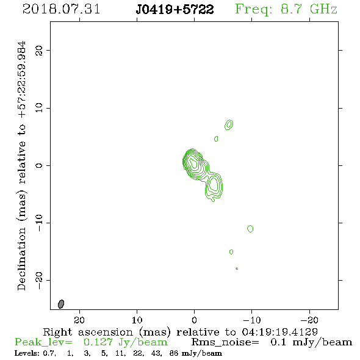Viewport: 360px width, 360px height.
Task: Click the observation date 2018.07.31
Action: tap(61, 9)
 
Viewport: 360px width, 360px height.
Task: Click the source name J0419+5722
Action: tap(175, 9)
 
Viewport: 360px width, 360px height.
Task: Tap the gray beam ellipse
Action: tap(61, 304)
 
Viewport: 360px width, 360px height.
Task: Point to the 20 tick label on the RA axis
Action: tap(79, 320)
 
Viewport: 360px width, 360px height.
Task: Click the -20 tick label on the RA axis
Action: tap(309, 320)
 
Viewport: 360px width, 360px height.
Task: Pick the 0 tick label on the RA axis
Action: tap(194, 320)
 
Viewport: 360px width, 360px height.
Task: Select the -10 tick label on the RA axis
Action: tap(252, 320)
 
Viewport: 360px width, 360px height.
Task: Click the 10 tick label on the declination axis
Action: tap(39, 108)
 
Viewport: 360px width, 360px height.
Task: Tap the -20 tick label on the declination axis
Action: tap(39, 280)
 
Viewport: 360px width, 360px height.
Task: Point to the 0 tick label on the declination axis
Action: tap(39, 165)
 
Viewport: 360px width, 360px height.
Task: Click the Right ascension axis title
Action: tap(181, 332)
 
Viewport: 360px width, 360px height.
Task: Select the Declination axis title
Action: tap(21, 166)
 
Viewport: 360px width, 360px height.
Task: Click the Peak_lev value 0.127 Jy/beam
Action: tap(125, 342)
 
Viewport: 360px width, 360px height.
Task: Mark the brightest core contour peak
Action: tap(194, 164)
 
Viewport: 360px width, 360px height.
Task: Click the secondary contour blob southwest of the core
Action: tap(214, 185)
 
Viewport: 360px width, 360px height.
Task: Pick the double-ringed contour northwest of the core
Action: tap(229, 124)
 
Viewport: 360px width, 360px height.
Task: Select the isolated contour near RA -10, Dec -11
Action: tap(250, 229)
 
